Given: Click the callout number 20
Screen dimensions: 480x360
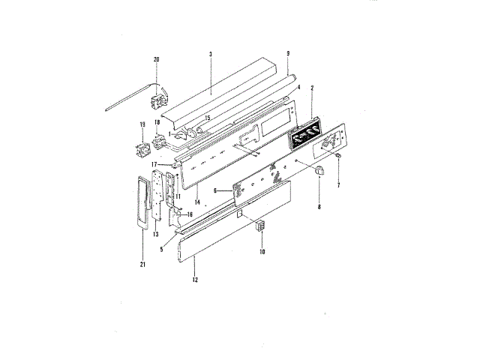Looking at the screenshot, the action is (x=157, y=59).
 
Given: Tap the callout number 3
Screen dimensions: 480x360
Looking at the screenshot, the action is (x=211, y=54).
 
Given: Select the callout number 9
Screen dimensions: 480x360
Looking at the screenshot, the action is (x=288, y=53).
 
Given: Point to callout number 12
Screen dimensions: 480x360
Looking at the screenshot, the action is (x=195, y=280).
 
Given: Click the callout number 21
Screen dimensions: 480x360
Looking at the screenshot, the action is (x=142, y=265).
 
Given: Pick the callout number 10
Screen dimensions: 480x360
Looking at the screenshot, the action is (x=262, y=252).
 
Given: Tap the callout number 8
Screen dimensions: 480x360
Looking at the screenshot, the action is (x=319, y=207).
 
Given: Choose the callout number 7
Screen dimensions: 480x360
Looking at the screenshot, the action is (x=338, y=185).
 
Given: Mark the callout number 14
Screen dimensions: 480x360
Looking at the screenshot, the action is (x=197, y=202).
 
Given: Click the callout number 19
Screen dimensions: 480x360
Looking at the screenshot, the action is (x=142, y=124).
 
